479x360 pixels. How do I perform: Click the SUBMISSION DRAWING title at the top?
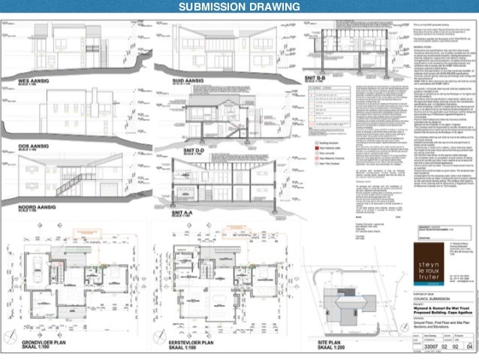click(239, 8)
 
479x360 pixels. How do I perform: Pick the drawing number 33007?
click(426, 347)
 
